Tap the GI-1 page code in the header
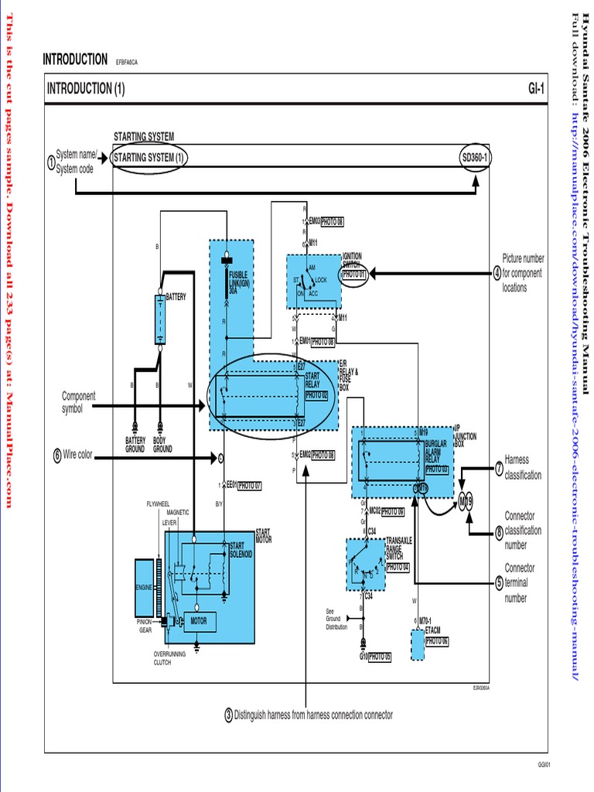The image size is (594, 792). (536, 89)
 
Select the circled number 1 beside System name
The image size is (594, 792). (50, 163)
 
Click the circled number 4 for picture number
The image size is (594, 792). (497, 273)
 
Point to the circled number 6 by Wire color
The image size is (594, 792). (57, 456)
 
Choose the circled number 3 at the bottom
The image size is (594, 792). (228, 715)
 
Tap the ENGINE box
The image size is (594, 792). (145, 589)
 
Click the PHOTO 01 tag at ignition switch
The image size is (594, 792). (353, 274)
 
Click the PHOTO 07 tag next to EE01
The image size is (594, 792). (250, 486)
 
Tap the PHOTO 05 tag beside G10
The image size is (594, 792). (380, 657)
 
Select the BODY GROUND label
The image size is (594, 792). (162, 445)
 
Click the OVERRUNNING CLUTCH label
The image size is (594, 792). (162, 658)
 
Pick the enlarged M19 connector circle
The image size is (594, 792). (466, 501)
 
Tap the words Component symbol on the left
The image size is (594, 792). (78, 402)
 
